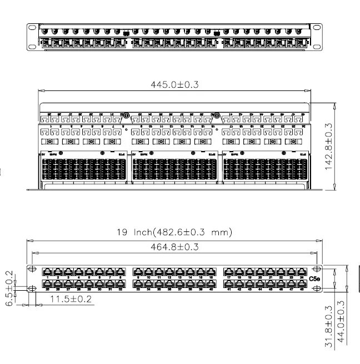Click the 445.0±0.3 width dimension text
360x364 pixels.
click(x=175, y=84)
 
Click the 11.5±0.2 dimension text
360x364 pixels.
click(x=71, y=299)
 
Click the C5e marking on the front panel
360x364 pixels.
click(x=314, y=278)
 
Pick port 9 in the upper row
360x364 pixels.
click(x=138, y=272)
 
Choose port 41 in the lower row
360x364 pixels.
click(x=228, y=285)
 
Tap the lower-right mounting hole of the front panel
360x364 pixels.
click(x=318, y=290)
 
